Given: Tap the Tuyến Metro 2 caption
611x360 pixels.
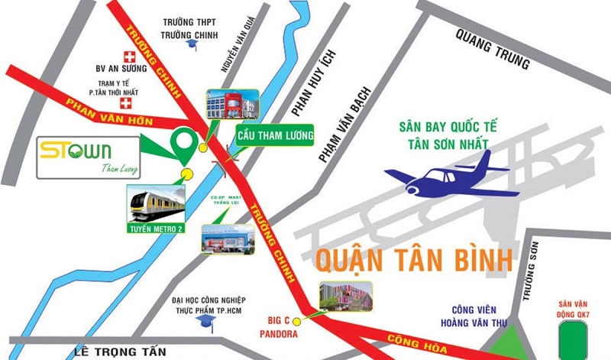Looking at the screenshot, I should pos(157,226).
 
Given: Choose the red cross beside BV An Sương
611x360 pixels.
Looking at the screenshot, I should pos(129,57).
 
